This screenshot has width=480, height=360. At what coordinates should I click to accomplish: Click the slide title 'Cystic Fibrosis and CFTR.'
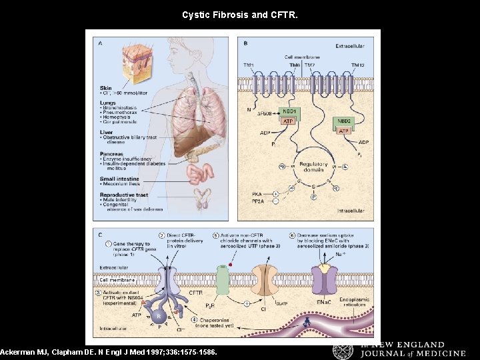[x=240, y=13]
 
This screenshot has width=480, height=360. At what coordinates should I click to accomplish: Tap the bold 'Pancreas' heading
[x=112, y=154]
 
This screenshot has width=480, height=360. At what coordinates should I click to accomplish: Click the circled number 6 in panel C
[x=293, y=235]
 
